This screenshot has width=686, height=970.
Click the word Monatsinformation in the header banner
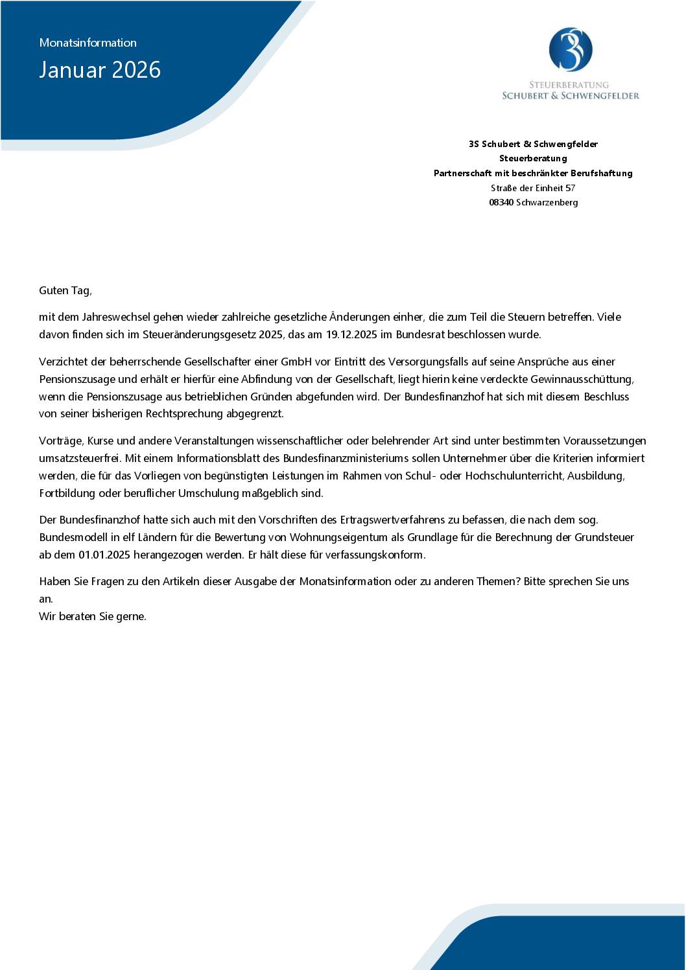click(x=88, y=43)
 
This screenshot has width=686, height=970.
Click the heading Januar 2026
click(x=100, y=70)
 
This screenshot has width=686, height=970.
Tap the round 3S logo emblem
click(x=571, y=49)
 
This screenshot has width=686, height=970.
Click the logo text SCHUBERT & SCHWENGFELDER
click(x=571, y=96)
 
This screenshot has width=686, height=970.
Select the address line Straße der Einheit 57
click(x=533, y=188)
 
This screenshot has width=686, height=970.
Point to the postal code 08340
click(x=501, y=202)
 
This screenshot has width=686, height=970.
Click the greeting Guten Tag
click(x=65, y=290)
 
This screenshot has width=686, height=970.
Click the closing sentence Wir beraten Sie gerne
click(x=93, y=616)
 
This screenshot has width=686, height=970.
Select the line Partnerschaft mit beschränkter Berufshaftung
click(x=533, y=173)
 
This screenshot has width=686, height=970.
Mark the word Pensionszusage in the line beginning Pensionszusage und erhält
click(x=72, y=379)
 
